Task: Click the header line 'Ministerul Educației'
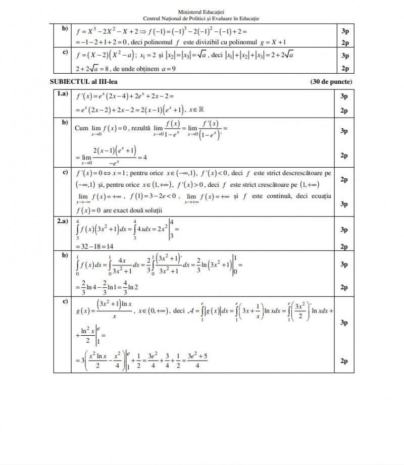point(201,12)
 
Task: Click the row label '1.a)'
point(63,94)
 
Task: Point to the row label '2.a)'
point(63,221)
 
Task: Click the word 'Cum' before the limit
point(81,129)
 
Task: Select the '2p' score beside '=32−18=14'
point(344,246)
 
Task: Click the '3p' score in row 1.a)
point(344,96)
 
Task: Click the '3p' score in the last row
point(344,322)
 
